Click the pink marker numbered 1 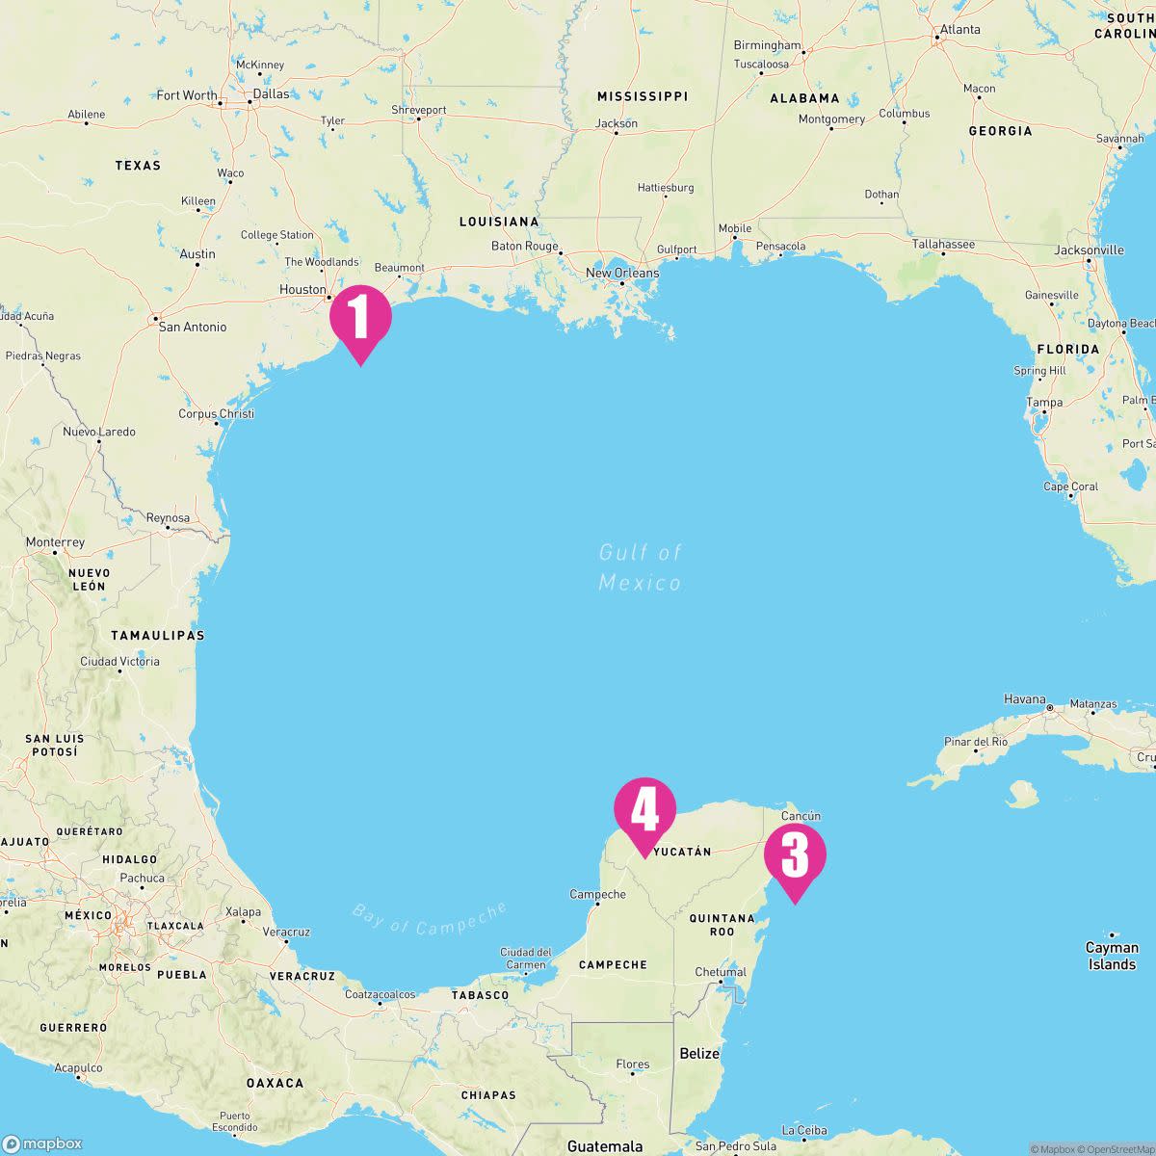click(x=360, y=317)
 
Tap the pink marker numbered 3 click(x=795, y=854)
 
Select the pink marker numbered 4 click(x=644, y=808)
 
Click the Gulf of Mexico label click(x=640, y=567)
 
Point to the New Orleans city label click(x=622, y=273)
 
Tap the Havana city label click(x=1024, y=699)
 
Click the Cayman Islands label click(x=1112, y=956)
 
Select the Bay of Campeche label click(x=430, y=918)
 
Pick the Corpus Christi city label click(x=216, y=414)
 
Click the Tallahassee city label click(x=943, y=244)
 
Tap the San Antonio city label click(x=192, y=327)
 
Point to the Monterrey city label click(x=55, y=542)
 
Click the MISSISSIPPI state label click(x=643, y=96)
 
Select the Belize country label click(x=699, y=1053)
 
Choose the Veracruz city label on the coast click(x=286, y=932)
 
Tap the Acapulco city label click(x=78, y=1067)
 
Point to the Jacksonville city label click(x=1089, y=250)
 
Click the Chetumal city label click(x=721, y=972)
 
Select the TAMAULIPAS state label click(x=157, y=635)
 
